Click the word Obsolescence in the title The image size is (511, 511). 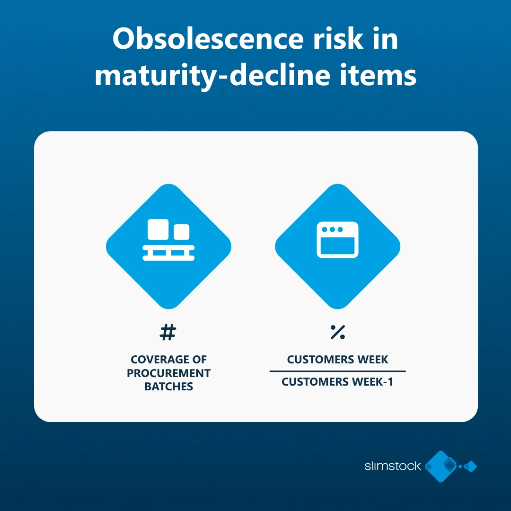point(208,39)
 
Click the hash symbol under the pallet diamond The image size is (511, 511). point(168,332)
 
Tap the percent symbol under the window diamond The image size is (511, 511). point(338,332)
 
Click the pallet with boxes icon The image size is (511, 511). point(168,240)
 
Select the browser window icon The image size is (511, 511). point(338,240)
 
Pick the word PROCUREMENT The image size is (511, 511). point(169,373)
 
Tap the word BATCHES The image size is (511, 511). point(169,387)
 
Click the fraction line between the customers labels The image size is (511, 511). point(338,371)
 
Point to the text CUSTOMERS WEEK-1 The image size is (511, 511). point(337,382)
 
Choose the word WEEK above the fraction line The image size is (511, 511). point(373,360)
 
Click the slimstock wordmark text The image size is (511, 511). point(392,466)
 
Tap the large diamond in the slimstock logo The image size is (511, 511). point(441,467)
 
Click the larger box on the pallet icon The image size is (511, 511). point(158,229)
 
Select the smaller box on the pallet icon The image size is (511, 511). point(182,232)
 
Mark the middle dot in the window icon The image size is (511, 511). point(333,229)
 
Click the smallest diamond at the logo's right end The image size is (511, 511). point(460,467)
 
